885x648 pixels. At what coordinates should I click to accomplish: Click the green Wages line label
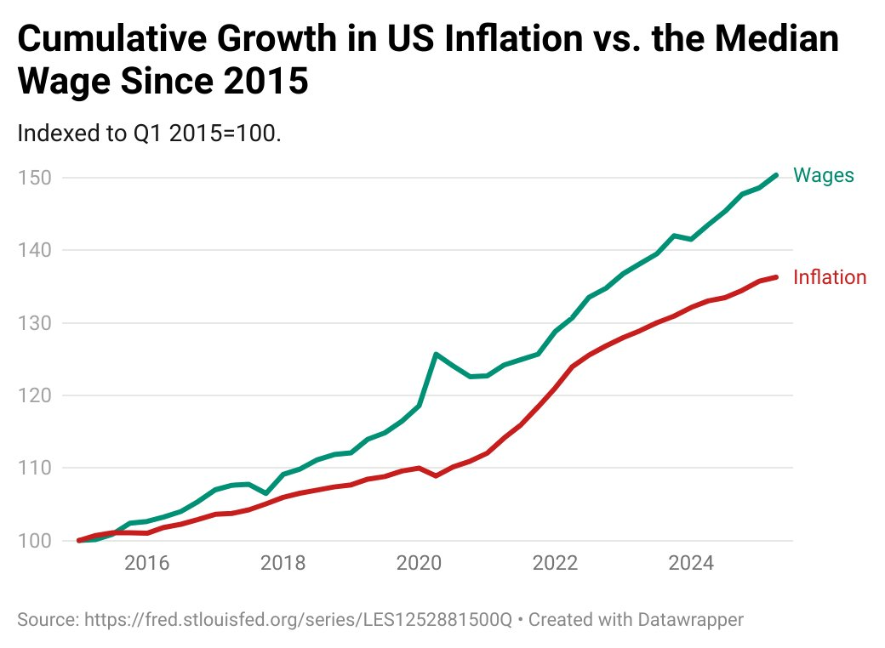[x=823, y=175]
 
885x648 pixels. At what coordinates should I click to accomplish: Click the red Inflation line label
[x=829, y=277]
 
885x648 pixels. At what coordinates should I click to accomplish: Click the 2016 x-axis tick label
[x=147, y=563]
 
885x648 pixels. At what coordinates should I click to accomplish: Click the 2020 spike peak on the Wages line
[x=436, y=354]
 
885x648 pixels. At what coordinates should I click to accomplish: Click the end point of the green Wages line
[x=775, y=175]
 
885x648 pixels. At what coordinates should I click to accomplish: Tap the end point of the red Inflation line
[x=775, y=276]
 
